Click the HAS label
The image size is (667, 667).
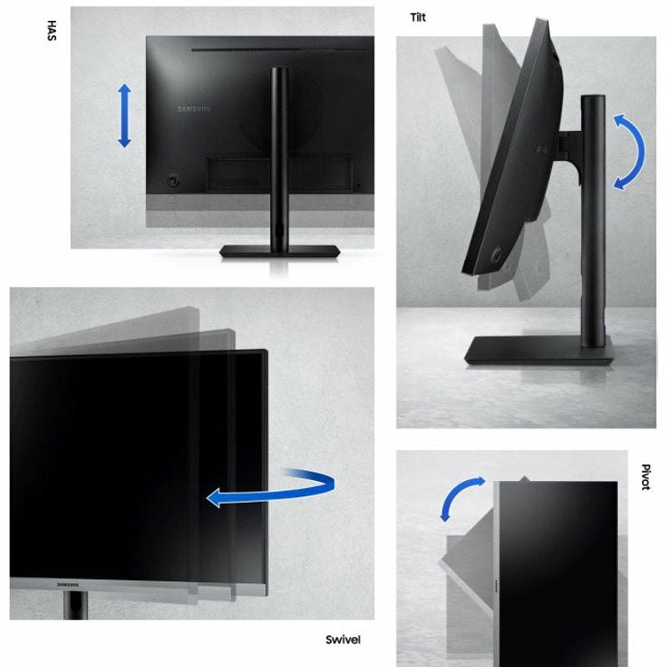52,30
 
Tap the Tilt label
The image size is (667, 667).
418,18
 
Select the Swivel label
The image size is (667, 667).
343,639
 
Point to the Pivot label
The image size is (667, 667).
645,477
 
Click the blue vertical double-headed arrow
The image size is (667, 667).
124,116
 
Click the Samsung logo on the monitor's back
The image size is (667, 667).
194,109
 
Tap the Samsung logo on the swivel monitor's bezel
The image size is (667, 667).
68,585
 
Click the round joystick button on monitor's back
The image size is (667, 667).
173,181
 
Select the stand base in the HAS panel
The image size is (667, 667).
280,252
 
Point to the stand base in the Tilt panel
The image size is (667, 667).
539,350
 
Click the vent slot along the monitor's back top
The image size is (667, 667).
278,50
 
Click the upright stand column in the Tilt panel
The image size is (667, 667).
593,220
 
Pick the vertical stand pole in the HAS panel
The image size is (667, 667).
279,158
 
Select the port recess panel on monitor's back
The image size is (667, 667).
279,174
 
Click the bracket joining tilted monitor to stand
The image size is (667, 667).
570,149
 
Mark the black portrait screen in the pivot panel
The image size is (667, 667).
558,574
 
